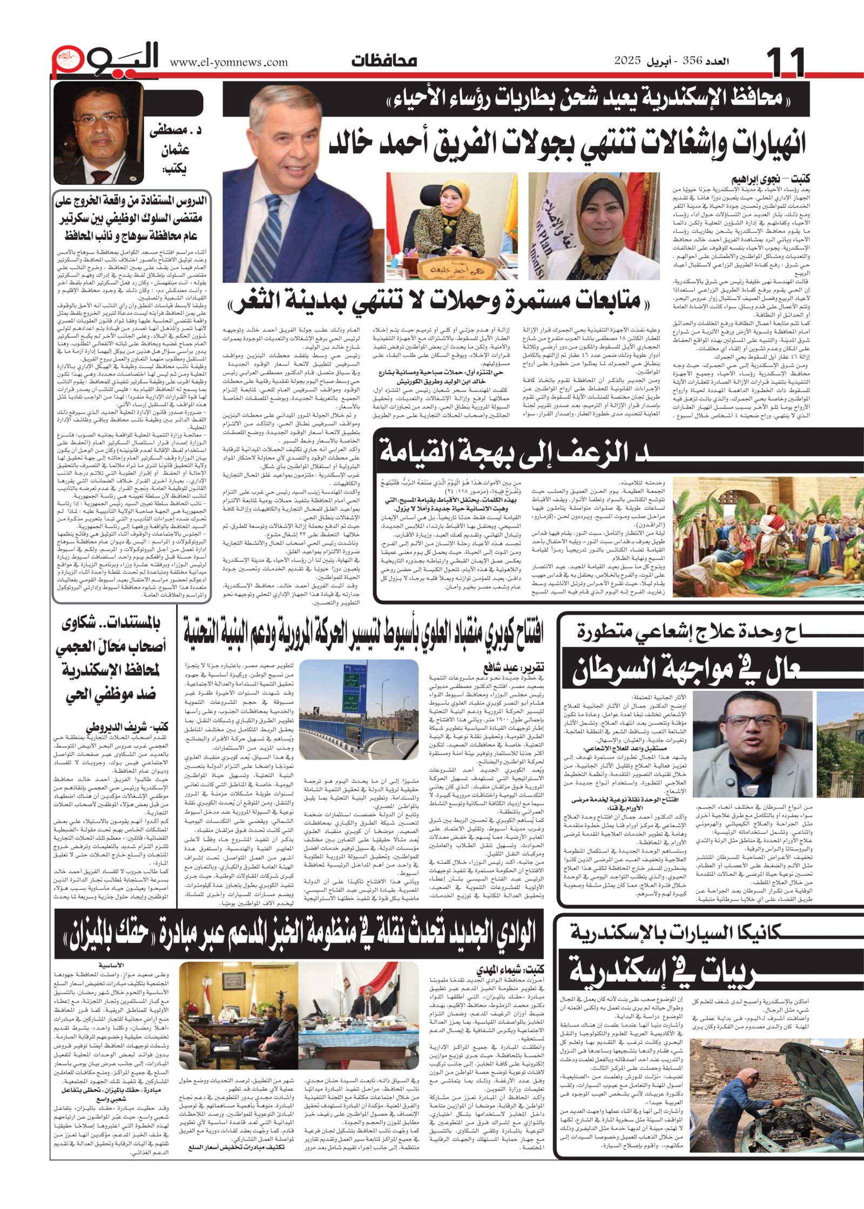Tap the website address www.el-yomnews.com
click(x=229, y=63)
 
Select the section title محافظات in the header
click(x=384, y=60)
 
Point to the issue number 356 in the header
click(x=693, y=60)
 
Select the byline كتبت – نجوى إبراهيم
click(x=771, y=179)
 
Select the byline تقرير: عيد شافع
click(x=513, y=667)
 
